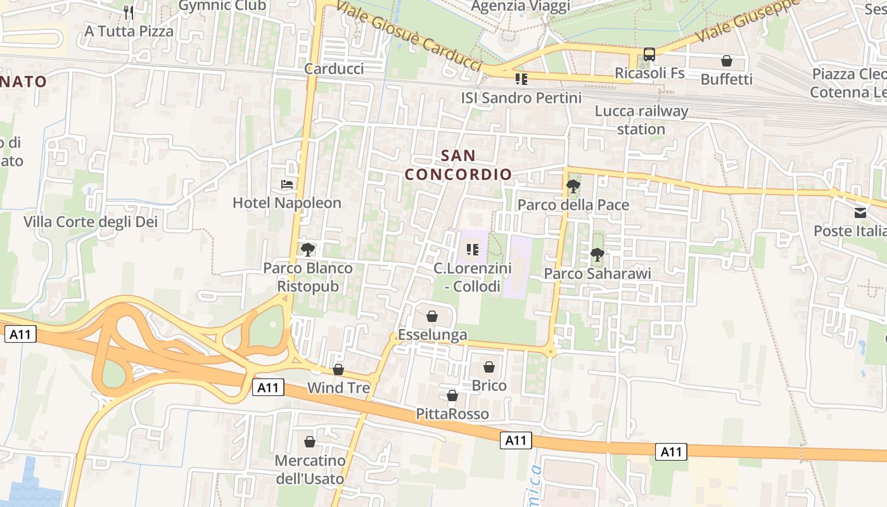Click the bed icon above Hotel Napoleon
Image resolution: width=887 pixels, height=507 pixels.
pyautogui.click(x=287, y=184)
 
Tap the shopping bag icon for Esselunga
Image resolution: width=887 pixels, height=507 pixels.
pyautogui.click(x=432, y=316)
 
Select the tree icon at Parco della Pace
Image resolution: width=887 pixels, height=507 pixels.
pyautogui.click(x=573, y=186)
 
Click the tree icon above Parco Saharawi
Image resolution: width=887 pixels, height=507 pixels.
pyautogui.click(x=597, y=255)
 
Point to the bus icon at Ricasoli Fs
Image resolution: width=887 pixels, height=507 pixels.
pyautogui.click(x=649, y=55)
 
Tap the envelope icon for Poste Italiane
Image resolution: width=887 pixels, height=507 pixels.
pyautogui.click(x=860, y=212)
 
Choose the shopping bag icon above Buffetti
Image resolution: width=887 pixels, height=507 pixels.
pyautogui.click(x=727, y=61)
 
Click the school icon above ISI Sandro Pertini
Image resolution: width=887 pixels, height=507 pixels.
pyautogui.click(x=521, y=79)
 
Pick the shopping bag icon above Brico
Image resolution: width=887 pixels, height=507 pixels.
pyautogui.click(x=489, y=366)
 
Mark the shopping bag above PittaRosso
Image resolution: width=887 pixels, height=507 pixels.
pyautogui.click(x=452, y=395)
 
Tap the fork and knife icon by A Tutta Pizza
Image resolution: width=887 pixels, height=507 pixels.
pyautogui.click(x=129, y=12)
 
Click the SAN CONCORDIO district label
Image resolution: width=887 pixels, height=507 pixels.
pyautogui.click(x=458, y=165)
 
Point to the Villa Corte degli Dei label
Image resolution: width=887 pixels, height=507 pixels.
pyautogui.click(x=91, y=222)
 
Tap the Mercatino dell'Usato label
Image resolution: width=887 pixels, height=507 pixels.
pyautogui.click(x=310, y=469)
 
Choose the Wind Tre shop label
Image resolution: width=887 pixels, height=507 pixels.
pyautogui.click(x=338, y=388)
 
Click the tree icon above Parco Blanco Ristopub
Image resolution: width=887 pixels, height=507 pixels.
pyautogui.click(x=308, y=249)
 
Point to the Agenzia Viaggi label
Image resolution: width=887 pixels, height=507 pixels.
pyautogui.click(x=521, y=6)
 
